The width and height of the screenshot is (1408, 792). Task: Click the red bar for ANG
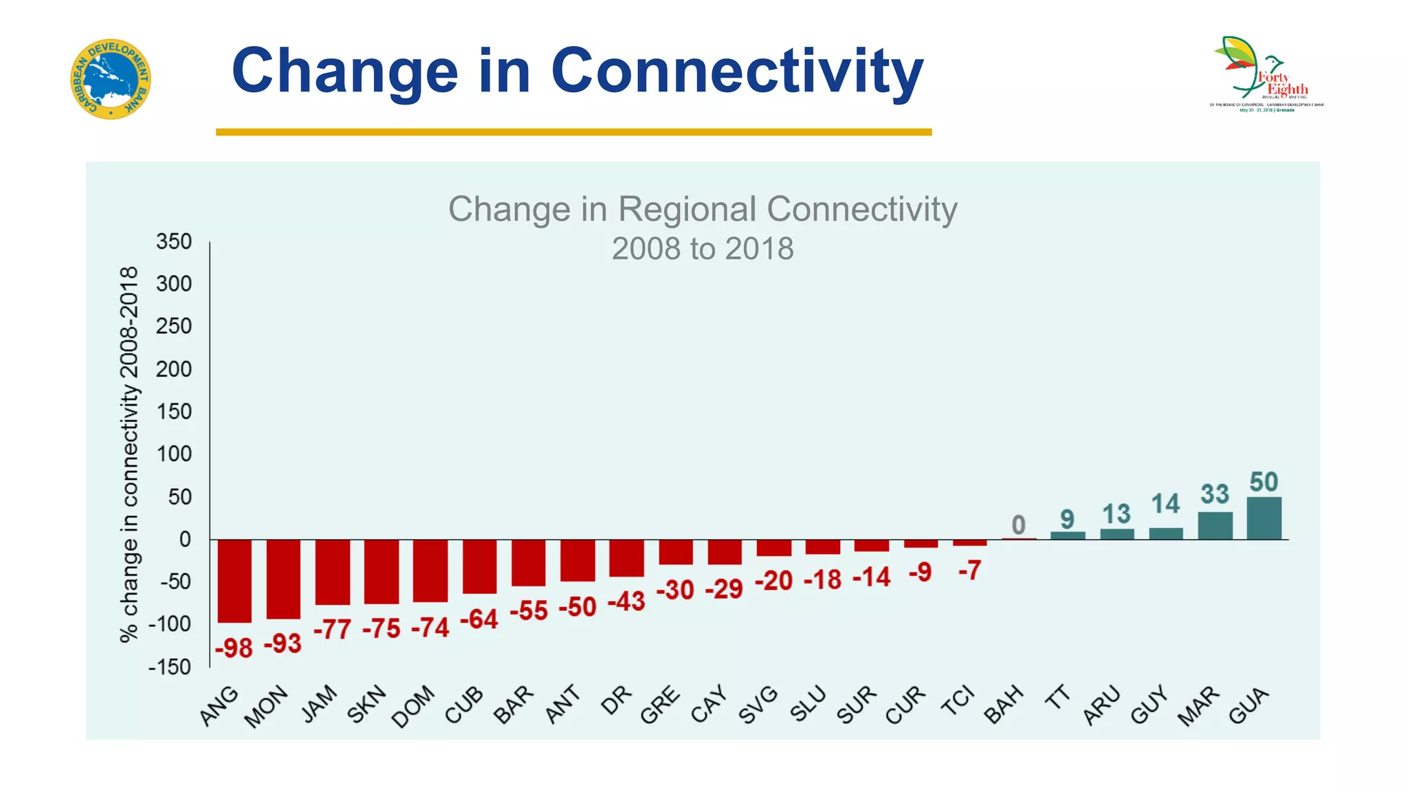coord(234,581)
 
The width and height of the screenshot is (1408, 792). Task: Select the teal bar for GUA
coord(1264,518)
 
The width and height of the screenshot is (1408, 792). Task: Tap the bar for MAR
coord(1215,526)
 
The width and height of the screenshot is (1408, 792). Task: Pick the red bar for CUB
coord(479,566)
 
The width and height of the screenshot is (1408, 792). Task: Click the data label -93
coord(283,644)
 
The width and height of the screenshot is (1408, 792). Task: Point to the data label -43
coord(626,602)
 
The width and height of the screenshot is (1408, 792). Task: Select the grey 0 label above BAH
coord(1018,525)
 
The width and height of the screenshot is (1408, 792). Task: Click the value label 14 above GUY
coord(1165,504)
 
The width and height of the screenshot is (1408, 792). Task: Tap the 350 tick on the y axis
coord(173,242)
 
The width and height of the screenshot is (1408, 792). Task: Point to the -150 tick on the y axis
coord(170,667)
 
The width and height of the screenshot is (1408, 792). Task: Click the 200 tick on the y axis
coord(173,369)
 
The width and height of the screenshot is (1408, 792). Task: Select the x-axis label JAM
coord(320,704)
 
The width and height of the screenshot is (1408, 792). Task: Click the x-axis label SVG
coord(758,705)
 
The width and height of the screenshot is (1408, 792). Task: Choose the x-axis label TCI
coord(958,701)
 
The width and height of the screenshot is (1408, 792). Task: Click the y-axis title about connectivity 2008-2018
coord(129,454)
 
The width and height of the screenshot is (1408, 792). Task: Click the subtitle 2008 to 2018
coord(703,249)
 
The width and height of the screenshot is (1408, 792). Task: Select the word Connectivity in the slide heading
coord(737,71)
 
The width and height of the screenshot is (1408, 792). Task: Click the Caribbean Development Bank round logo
coord(111,79)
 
